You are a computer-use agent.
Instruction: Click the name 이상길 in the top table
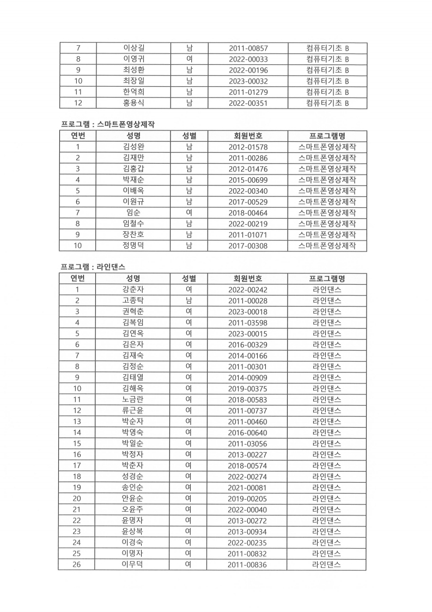click(133, 49)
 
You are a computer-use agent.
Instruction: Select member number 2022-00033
click(248, 59)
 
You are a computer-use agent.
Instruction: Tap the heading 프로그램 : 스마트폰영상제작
click(107, 124)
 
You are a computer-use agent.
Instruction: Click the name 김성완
click(133, 147)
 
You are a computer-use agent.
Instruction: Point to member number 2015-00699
click(248, 179)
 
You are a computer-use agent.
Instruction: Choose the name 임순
click(133, 213)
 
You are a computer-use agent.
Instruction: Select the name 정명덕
click(133, 246)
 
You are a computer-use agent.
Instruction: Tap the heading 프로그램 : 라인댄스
click(93, 267)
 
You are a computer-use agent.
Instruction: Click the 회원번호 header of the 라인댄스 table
click(248, 279)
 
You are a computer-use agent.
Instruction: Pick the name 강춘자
click(133, 290)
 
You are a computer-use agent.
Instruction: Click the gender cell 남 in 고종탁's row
click(188, 301)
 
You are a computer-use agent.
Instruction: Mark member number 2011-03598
click(248, 322)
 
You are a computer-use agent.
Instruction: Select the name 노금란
click(133, 399)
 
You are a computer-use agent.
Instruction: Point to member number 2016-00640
click(248, 433)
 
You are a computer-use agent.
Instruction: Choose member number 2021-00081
click(248, 488)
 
